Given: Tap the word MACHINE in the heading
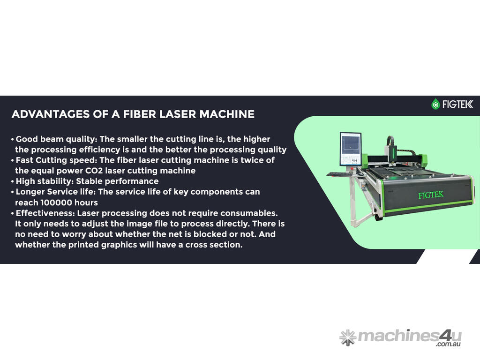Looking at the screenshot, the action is [x=227, y=114].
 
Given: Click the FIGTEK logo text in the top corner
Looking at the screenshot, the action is [x=457, y=105].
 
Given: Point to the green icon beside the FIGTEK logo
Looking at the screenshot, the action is [x=435, y=104].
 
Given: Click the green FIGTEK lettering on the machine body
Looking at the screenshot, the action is [x=431, y=195].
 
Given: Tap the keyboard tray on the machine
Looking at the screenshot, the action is [x=339, y=174].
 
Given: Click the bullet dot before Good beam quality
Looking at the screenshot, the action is [x=13, y=140].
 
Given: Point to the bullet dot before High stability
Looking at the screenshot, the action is [x=13, y=181].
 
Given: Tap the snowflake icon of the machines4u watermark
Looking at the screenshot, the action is [x=348, y=337].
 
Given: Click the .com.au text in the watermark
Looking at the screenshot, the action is [x=449, y=345].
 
